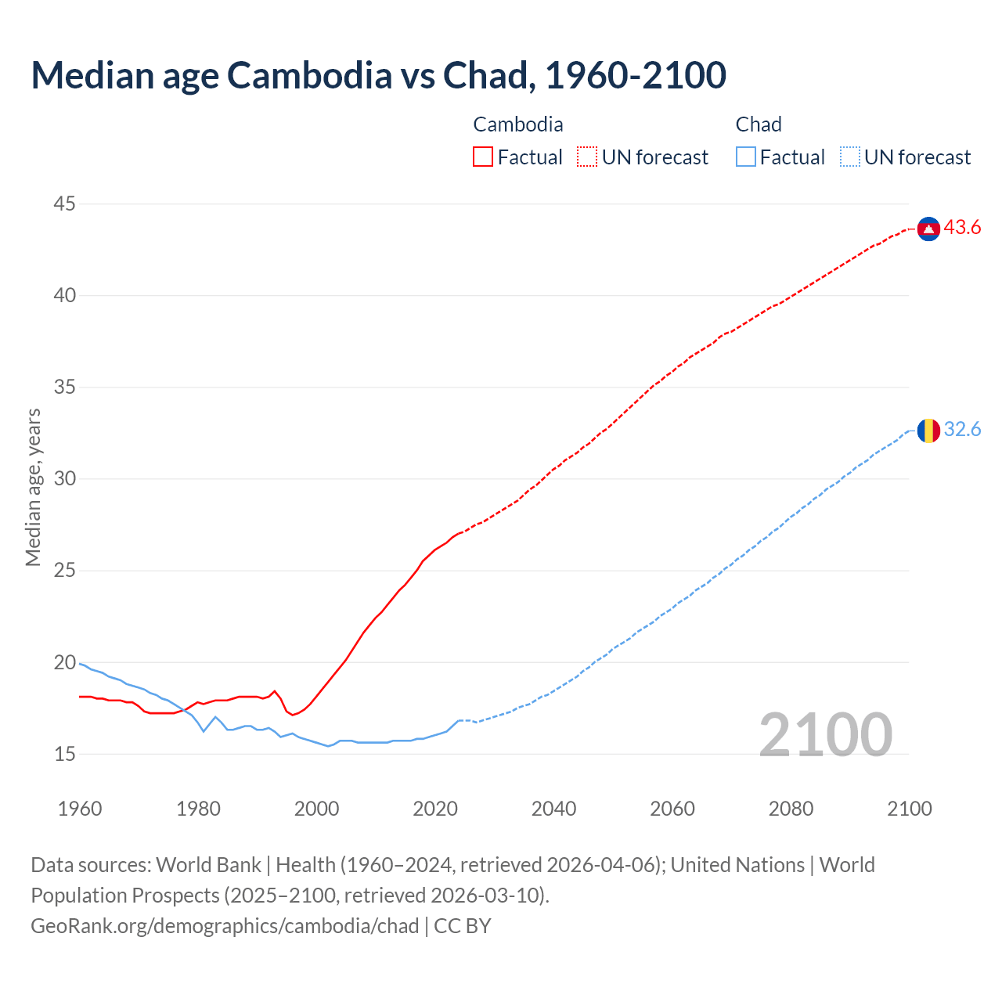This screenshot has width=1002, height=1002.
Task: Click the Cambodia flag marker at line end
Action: click(928, 229)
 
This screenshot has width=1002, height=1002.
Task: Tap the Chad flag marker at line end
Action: click(928, 431)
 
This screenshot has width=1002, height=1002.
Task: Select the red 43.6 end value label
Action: click(962, 228)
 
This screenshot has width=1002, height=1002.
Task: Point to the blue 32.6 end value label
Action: click(962, 430)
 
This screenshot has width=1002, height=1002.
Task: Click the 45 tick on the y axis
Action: click(64, 204)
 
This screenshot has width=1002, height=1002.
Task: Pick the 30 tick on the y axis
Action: click(64, 478)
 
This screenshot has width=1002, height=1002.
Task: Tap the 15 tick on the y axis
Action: click(64, 754)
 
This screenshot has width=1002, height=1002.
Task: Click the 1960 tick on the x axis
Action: click(80, 809)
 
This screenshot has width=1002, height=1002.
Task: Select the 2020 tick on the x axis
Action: click(435, 809)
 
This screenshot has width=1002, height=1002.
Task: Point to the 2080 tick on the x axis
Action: click(791, 809)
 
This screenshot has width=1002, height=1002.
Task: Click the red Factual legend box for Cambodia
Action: click(483, 157)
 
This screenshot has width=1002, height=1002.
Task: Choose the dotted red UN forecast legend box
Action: click(587, 157)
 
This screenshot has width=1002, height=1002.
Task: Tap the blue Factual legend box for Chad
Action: click(746, 157)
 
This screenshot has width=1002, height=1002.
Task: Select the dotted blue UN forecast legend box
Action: click(850, 157)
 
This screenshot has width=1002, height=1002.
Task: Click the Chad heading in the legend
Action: click(759, 124)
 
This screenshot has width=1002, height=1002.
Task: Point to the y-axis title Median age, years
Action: click(33, 487)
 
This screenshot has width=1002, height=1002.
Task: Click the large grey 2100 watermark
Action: click(825, 734)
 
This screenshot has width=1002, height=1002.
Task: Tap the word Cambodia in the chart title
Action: click(309, 75)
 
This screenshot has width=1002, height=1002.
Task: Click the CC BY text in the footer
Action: click(463, 926)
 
